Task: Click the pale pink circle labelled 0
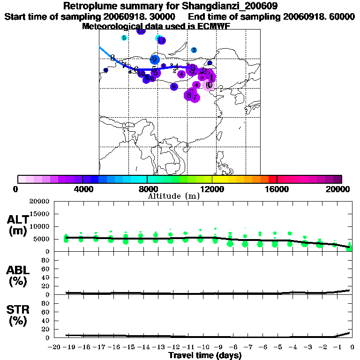coord(209,85)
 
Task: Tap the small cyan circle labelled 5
coord(124,38)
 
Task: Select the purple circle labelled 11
coord(161,41)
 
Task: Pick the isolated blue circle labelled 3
coord(194,50)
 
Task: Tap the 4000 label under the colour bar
coord(82,189)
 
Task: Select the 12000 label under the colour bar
coord(212,189)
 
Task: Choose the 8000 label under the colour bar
coord(147,189)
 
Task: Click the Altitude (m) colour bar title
coord(173,196)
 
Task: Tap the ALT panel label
coord(17,219)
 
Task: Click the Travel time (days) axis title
coord(205,356)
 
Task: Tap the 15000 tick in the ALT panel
coord(40,214)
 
